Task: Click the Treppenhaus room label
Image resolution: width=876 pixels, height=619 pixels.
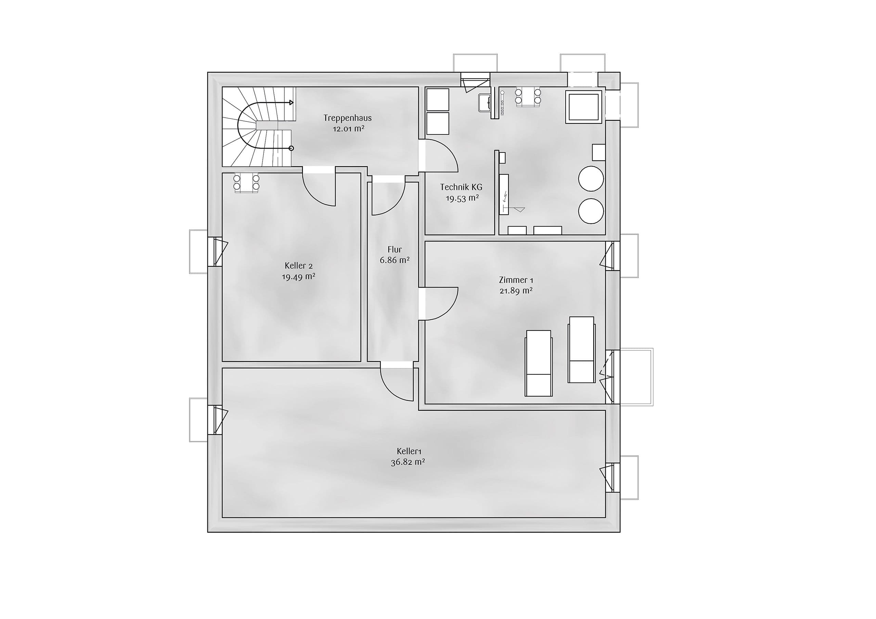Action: point(348,118)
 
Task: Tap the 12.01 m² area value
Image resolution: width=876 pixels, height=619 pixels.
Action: point(348,129)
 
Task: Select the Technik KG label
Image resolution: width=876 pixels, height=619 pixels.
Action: point(461,187)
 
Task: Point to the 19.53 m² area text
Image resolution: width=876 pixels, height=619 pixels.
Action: point(462,198)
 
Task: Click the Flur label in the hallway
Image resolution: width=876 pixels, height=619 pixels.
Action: point(395,249)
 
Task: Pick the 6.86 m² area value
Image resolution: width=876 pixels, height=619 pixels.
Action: point(395,260)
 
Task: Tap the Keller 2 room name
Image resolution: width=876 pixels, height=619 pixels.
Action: point(298,265)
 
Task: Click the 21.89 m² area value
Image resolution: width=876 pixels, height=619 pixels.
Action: point(516,291)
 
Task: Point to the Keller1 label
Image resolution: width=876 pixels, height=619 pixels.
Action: point(409,451)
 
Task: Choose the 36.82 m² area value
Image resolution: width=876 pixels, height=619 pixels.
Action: point(408,462)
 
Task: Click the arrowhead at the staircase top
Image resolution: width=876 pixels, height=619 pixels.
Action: point(292,103)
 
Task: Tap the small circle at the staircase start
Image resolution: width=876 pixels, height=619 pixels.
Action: point(291,148)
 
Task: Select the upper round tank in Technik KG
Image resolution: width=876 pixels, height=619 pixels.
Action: point(591,178)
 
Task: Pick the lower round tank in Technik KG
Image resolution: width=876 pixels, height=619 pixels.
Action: point(591,211)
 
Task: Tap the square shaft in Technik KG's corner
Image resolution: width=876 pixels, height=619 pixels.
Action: point(584,107)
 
